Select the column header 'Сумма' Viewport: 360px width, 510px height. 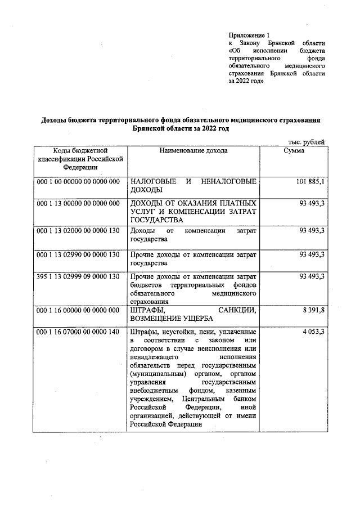coord(294,151)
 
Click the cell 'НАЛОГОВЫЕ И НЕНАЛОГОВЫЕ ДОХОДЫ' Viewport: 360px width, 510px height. coord(193,186)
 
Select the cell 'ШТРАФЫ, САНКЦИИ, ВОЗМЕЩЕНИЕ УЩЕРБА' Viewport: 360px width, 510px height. coord(193,314)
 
